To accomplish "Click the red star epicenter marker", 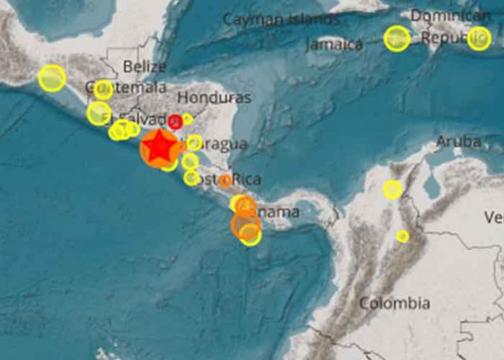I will click(161, 148).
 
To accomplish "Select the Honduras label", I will click(214, 98).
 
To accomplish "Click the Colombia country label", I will click(395, 304).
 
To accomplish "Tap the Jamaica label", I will click(334, 45).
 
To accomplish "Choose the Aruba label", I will click(458, 143).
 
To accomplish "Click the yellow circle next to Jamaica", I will click(397, 38).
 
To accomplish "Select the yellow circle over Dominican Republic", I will click(479, 38).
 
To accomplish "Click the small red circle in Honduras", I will click(175, 122).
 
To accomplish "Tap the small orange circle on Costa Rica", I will click(225, 180).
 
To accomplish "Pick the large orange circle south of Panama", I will click(245, 225).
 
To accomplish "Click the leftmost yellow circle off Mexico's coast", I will click(52, 78).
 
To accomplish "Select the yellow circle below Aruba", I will click(392, 190).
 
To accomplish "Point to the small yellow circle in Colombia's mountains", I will click(403, 236).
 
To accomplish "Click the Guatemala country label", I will click(125, 88).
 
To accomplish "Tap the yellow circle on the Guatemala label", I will click(103, 89).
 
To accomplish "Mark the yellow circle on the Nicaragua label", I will click(194, 143).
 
